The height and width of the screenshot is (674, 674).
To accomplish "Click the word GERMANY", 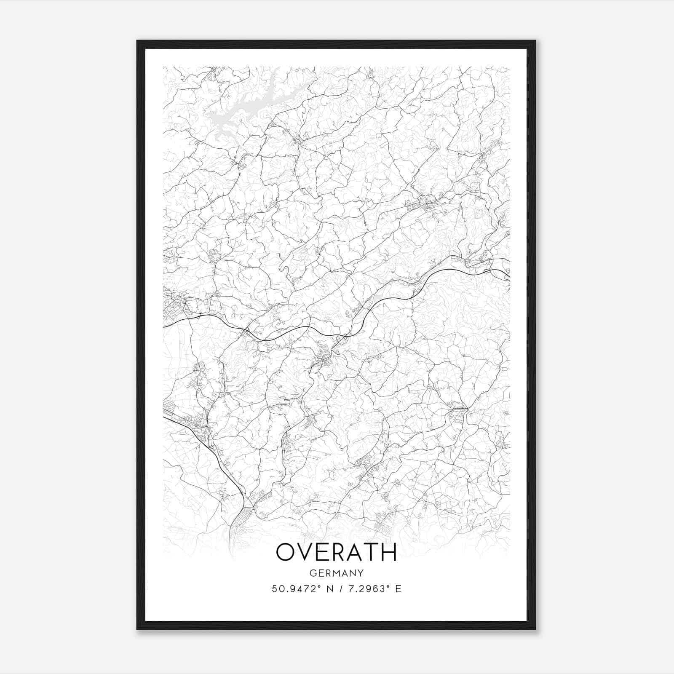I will point(337,573).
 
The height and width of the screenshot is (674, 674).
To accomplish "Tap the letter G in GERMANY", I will point(313,573).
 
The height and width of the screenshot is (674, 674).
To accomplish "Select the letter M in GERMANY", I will point(337,573).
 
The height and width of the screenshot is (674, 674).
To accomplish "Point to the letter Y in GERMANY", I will point(361,573).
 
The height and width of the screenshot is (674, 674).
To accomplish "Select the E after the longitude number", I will point(399,588).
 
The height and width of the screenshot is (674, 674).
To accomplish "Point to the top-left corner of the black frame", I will point(137,41).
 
